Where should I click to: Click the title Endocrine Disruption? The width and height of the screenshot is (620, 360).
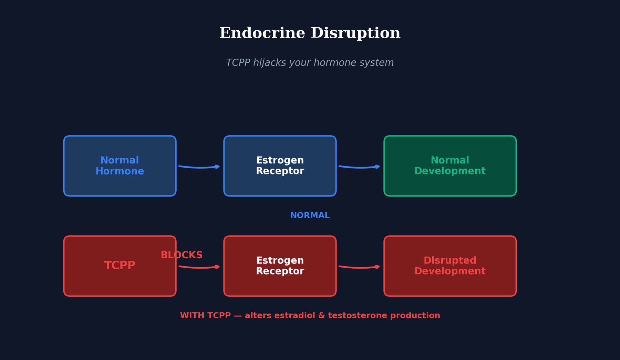coord(310,33)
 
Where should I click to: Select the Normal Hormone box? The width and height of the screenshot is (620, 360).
coord(120,166)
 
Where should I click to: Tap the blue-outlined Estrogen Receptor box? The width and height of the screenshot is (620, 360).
coord(280,166)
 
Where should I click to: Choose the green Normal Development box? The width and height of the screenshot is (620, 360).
coord(450,166)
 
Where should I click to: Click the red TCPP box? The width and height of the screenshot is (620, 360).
coord(120,266)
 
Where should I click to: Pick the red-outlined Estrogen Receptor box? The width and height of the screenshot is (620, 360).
coord(280,266)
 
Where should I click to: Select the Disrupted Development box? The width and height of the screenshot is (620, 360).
coord(450,266)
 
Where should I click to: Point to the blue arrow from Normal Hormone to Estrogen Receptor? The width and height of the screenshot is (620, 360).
coord(199,167)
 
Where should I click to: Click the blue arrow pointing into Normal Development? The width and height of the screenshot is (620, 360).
coord(359,167)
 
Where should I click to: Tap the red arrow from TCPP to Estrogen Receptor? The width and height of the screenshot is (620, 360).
coord(199,267)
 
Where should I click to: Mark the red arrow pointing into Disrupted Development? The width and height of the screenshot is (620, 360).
coord(359,267)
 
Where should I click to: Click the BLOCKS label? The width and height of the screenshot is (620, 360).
coord(182,255)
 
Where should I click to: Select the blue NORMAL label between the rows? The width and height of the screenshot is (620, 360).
coord(310,216)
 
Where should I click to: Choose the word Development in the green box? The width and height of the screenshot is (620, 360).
coord(450,171)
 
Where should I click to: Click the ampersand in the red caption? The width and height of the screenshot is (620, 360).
coord(321,316)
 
